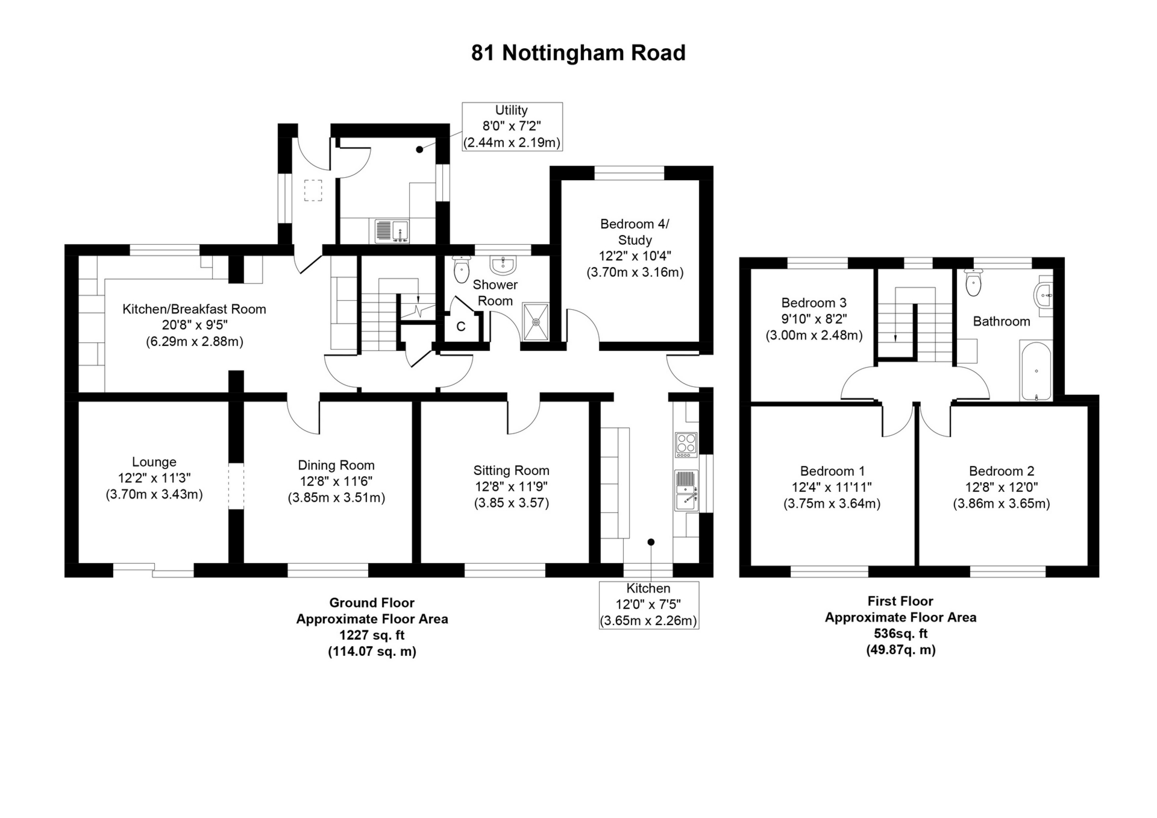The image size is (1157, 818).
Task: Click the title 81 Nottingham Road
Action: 578,53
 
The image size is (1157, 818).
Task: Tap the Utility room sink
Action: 392,231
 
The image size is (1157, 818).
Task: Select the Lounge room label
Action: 154,462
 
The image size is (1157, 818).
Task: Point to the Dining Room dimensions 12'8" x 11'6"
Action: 336,481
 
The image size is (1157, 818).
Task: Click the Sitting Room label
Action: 511,470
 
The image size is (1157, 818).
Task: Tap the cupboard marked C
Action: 461,327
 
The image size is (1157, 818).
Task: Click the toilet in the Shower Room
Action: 461,269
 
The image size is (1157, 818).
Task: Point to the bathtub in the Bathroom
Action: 1035,370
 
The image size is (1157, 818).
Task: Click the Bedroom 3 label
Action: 814,303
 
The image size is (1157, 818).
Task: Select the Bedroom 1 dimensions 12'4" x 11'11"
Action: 832,487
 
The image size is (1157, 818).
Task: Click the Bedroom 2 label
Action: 1001,471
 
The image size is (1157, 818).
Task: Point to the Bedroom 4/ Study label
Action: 635,231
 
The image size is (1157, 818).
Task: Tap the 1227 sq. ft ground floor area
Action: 372,635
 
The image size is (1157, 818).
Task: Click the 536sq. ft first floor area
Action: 900,634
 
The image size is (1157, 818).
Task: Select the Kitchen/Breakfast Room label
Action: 194,309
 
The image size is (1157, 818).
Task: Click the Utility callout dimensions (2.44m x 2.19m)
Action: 512,143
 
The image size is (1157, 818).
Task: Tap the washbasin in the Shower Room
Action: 503,264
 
